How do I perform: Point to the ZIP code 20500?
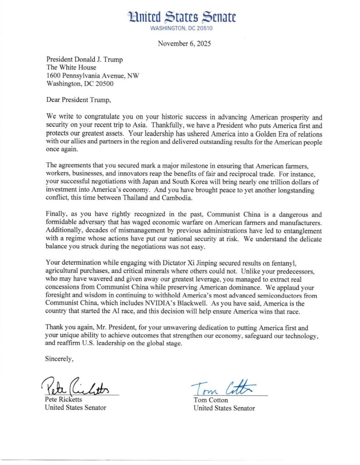click(x=104, y=84)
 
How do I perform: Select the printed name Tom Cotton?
click(x=212, y=400)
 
